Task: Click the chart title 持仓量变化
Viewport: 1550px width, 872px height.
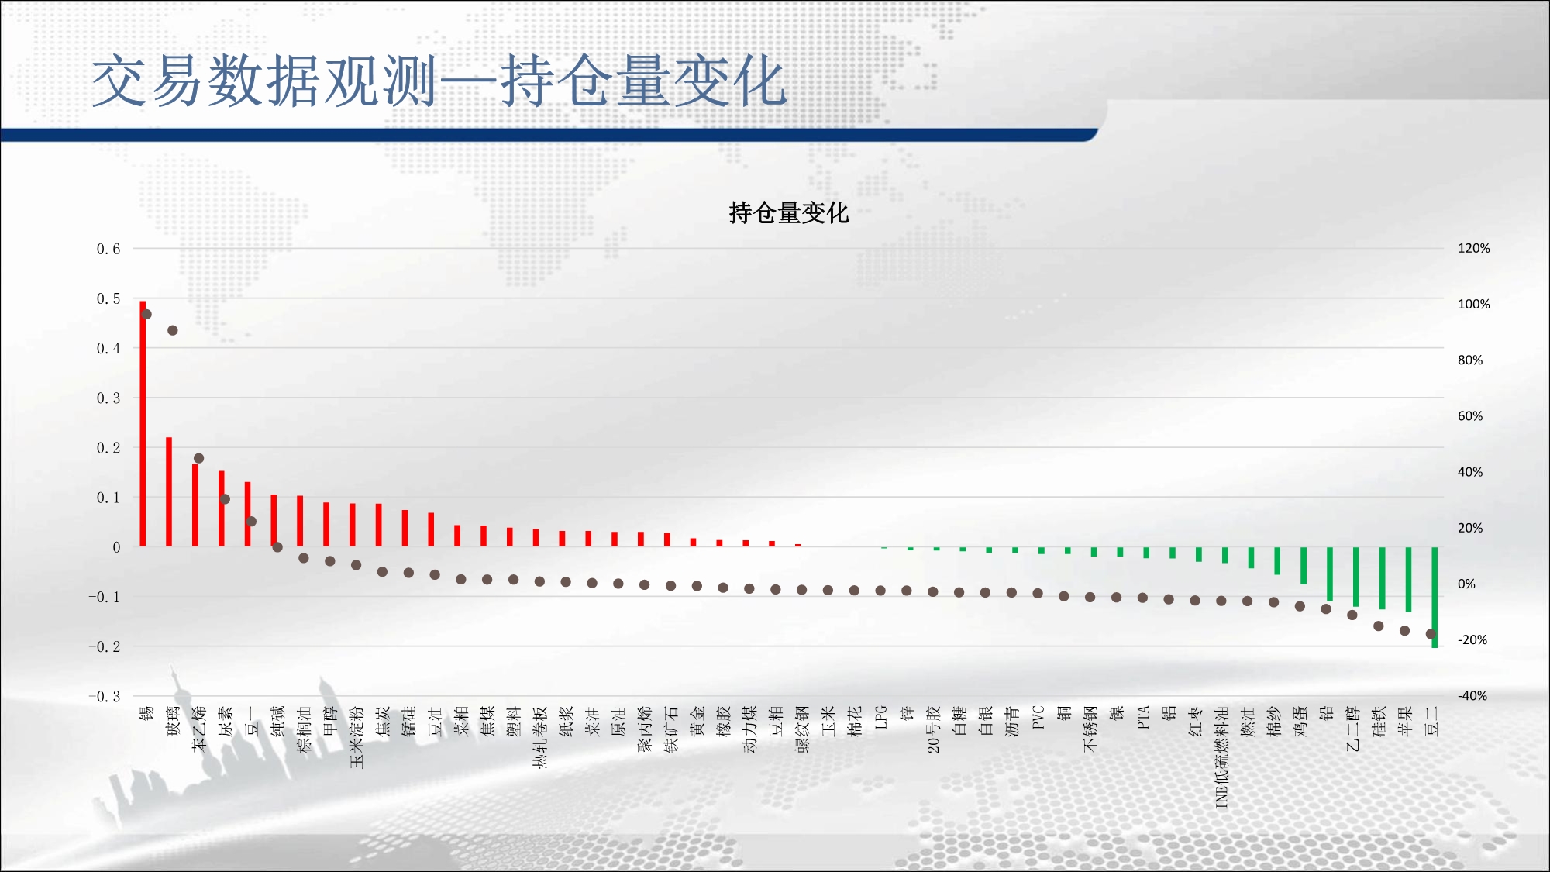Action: click(x=789, y=212)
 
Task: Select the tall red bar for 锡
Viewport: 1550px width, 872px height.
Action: click(x=143, y=423)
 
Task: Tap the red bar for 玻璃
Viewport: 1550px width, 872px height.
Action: click(x=169, y=491)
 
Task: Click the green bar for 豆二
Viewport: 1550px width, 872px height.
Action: click(x=1435, y=597)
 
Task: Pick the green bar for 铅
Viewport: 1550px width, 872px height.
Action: click(x=1330, y=574)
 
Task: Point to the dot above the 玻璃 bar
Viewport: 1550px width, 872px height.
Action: click(x=173, y=330)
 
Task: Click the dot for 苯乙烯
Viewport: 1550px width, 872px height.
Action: click(x=198, y=458)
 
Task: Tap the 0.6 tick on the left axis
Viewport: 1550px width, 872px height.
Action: click(x=108, y=249)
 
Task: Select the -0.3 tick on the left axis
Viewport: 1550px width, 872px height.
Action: click(x=105, y=696)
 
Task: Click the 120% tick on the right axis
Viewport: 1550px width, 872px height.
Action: click(x=1474, y=248)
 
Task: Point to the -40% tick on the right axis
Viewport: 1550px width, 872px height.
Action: click(x=1472, y=696)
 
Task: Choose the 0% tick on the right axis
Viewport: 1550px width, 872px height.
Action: click(x=1466, y=584)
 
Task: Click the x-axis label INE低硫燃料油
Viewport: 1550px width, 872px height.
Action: click(x=1222, y=757)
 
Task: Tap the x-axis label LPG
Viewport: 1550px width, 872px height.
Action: click(x=881, y=717)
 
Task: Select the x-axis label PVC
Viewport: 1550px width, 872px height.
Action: click(x=1038, y=718)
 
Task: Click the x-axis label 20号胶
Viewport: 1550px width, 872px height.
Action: click(x=934, y=729)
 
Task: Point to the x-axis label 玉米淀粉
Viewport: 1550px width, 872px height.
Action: click(x=356, y=737)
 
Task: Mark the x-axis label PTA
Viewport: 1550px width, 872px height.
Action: click(x=1143, y=717)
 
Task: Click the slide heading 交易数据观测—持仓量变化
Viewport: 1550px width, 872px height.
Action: click(x=439, y=81)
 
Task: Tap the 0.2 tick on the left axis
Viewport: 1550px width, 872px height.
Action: click(x=108, y=448)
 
